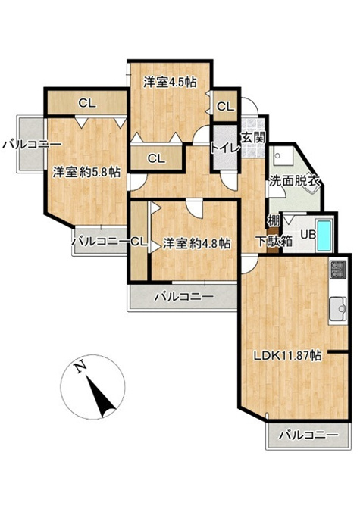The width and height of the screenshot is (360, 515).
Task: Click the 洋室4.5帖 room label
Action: (x=170, y=82)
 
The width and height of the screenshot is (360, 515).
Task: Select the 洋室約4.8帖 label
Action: (x=196, y=243)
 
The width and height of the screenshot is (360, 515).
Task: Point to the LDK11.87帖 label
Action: (x=287, y=355)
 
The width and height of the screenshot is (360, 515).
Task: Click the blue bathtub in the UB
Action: (x=324, y=234)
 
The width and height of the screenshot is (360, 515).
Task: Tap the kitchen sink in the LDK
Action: (x=338, y=309)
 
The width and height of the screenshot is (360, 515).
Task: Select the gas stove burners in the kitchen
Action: (x=338, y=269)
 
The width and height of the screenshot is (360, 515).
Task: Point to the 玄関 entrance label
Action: (x=253, y=137)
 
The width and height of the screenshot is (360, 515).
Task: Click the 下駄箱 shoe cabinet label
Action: (x=274, y=242)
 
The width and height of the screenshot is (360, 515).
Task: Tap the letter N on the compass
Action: (x=80, y=367)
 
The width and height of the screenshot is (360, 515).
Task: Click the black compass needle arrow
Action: (x=101, y=396)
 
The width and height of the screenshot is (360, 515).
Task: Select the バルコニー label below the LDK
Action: (x=308, y=435)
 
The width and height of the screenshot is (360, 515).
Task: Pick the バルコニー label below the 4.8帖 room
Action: (x=184, y=297)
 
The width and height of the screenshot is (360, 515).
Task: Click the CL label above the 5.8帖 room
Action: (x=87, y=103)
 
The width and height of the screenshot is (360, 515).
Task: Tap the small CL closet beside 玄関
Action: (x=225, y=106)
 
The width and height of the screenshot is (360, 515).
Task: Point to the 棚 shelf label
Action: (x=274, y=220)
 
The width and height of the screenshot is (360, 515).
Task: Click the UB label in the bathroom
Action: (x=308, y=235)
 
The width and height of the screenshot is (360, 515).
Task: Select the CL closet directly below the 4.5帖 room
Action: (x=156, y=158)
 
